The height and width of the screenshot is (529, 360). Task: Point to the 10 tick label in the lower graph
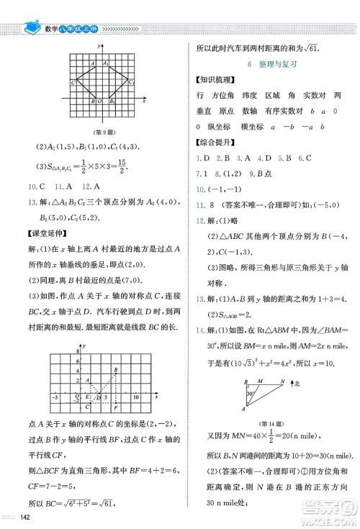135,396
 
